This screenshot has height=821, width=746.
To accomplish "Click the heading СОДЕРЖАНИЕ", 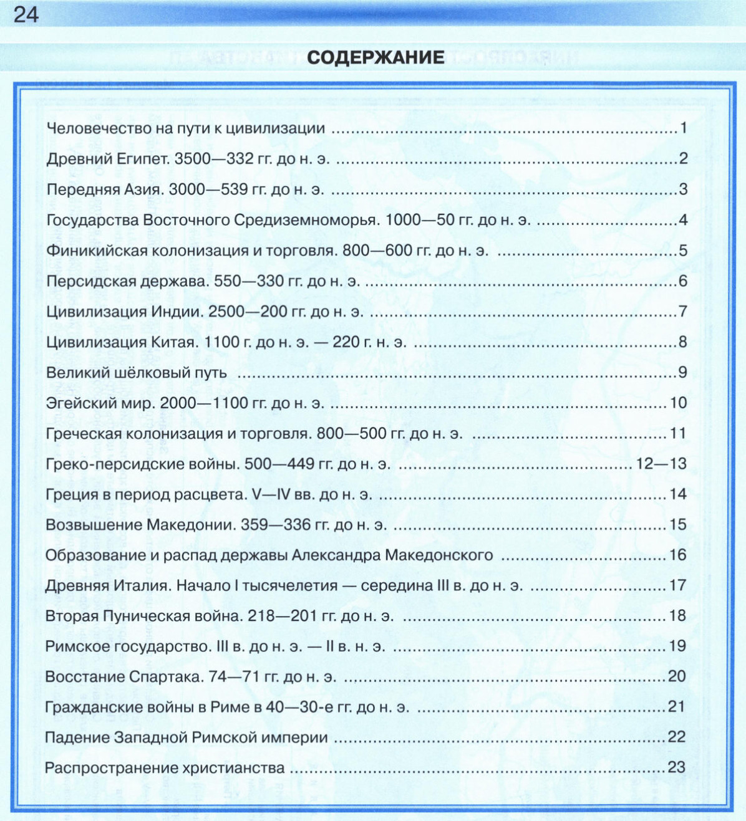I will [x=375, y=58].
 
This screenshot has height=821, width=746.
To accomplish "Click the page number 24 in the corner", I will [x=26, y=14].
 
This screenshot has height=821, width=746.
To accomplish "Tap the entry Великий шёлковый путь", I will [x=137, y=373].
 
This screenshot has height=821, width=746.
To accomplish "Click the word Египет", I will [x=143, y=159].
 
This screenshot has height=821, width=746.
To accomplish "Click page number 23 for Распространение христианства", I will [x=676, y=767].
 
